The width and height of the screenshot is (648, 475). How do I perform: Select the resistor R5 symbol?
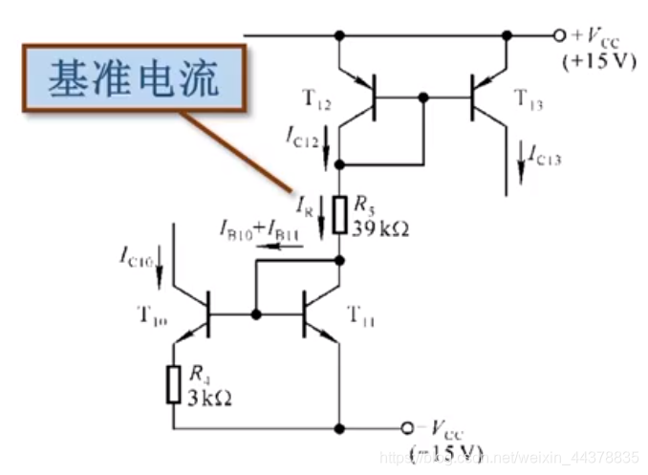(x=340, y=216)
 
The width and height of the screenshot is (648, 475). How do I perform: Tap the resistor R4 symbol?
(x=174, y=383)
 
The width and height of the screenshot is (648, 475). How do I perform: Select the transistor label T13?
(x=532, y=97)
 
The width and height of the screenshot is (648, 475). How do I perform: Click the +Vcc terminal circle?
(x=560, y=35)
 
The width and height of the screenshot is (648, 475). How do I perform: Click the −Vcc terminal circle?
(x=406, y=426)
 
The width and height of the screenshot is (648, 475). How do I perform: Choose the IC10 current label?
(x=137, y=254)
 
